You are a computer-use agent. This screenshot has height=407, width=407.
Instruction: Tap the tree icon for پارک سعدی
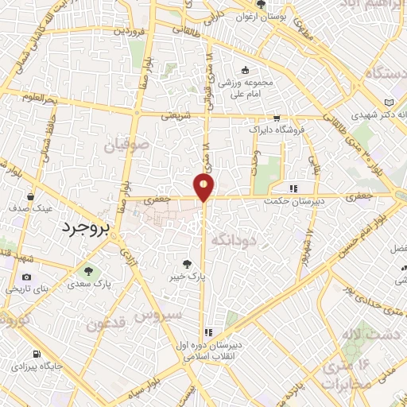tap(89, 270)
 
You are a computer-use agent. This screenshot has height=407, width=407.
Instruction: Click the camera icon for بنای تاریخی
tap(28, 277)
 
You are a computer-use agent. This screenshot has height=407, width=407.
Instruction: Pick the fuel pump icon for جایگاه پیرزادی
tap(35, 355)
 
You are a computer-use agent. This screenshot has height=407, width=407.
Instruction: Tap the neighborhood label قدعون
tap(107, 324)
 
